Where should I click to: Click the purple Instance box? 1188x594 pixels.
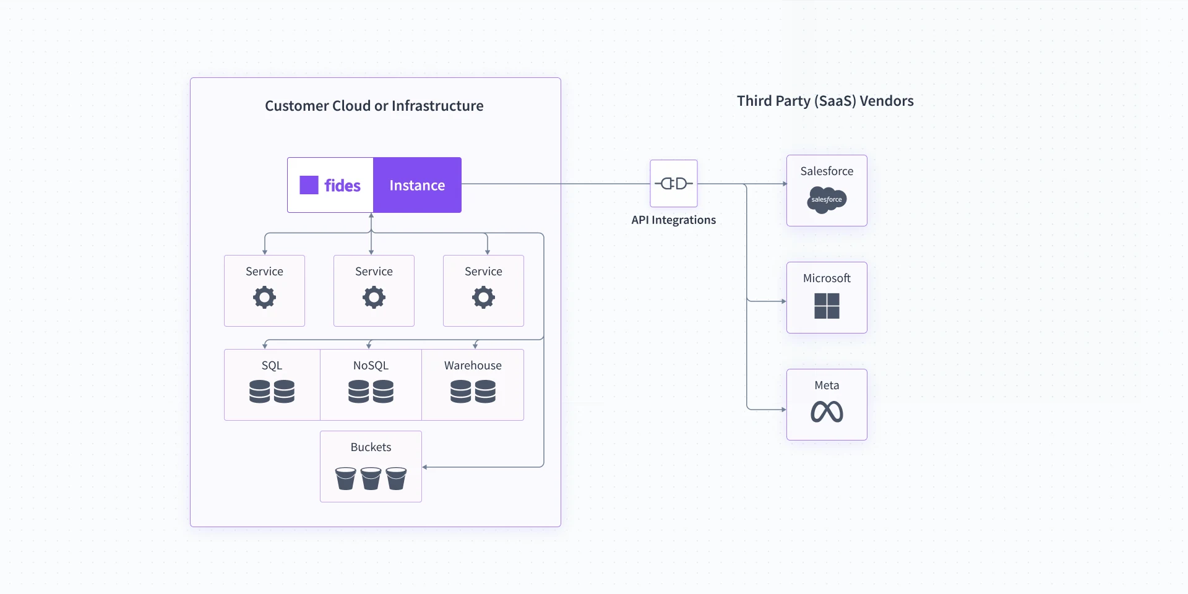[x=417, y=185]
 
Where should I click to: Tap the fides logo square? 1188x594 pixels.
[x=309, y=185]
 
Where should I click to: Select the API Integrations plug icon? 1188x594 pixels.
[x=674, y=183]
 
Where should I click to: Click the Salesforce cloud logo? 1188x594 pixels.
[x=827, y=200]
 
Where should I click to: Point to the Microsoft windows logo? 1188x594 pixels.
[x=827, y=306]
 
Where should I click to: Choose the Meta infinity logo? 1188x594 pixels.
[x=827, y=412]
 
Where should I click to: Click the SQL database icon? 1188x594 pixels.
[x=272, y=392]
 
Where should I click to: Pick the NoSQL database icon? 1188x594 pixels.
[x=371, y=392]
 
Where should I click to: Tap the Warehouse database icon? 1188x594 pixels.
[x=473, y=392]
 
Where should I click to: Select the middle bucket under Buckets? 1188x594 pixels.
[x=371, y=478]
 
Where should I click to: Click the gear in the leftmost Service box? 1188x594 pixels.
[x=264, y=298]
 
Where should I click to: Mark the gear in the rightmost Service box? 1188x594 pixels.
[x=483, y=298]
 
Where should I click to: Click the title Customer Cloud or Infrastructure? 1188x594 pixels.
[x=374, y=106]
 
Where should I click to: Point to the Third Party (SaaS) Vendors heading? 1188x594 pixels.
[x=825, y=101]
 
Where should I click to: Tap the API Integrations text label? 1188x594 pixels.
[x=673, y=220]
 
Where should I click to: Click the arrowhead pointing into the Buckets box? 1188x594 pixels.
[x=425, y=467]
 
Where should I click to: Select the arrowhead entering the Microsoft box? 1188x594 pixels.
[x=784, y=301]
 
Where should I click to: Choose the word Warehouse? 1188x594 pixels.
[x=473, y=366]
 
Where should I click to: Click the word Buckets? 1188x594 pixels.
[x=371, y=447]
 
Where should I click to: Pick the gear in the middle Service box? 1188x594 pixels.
[x=374, y=298]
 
